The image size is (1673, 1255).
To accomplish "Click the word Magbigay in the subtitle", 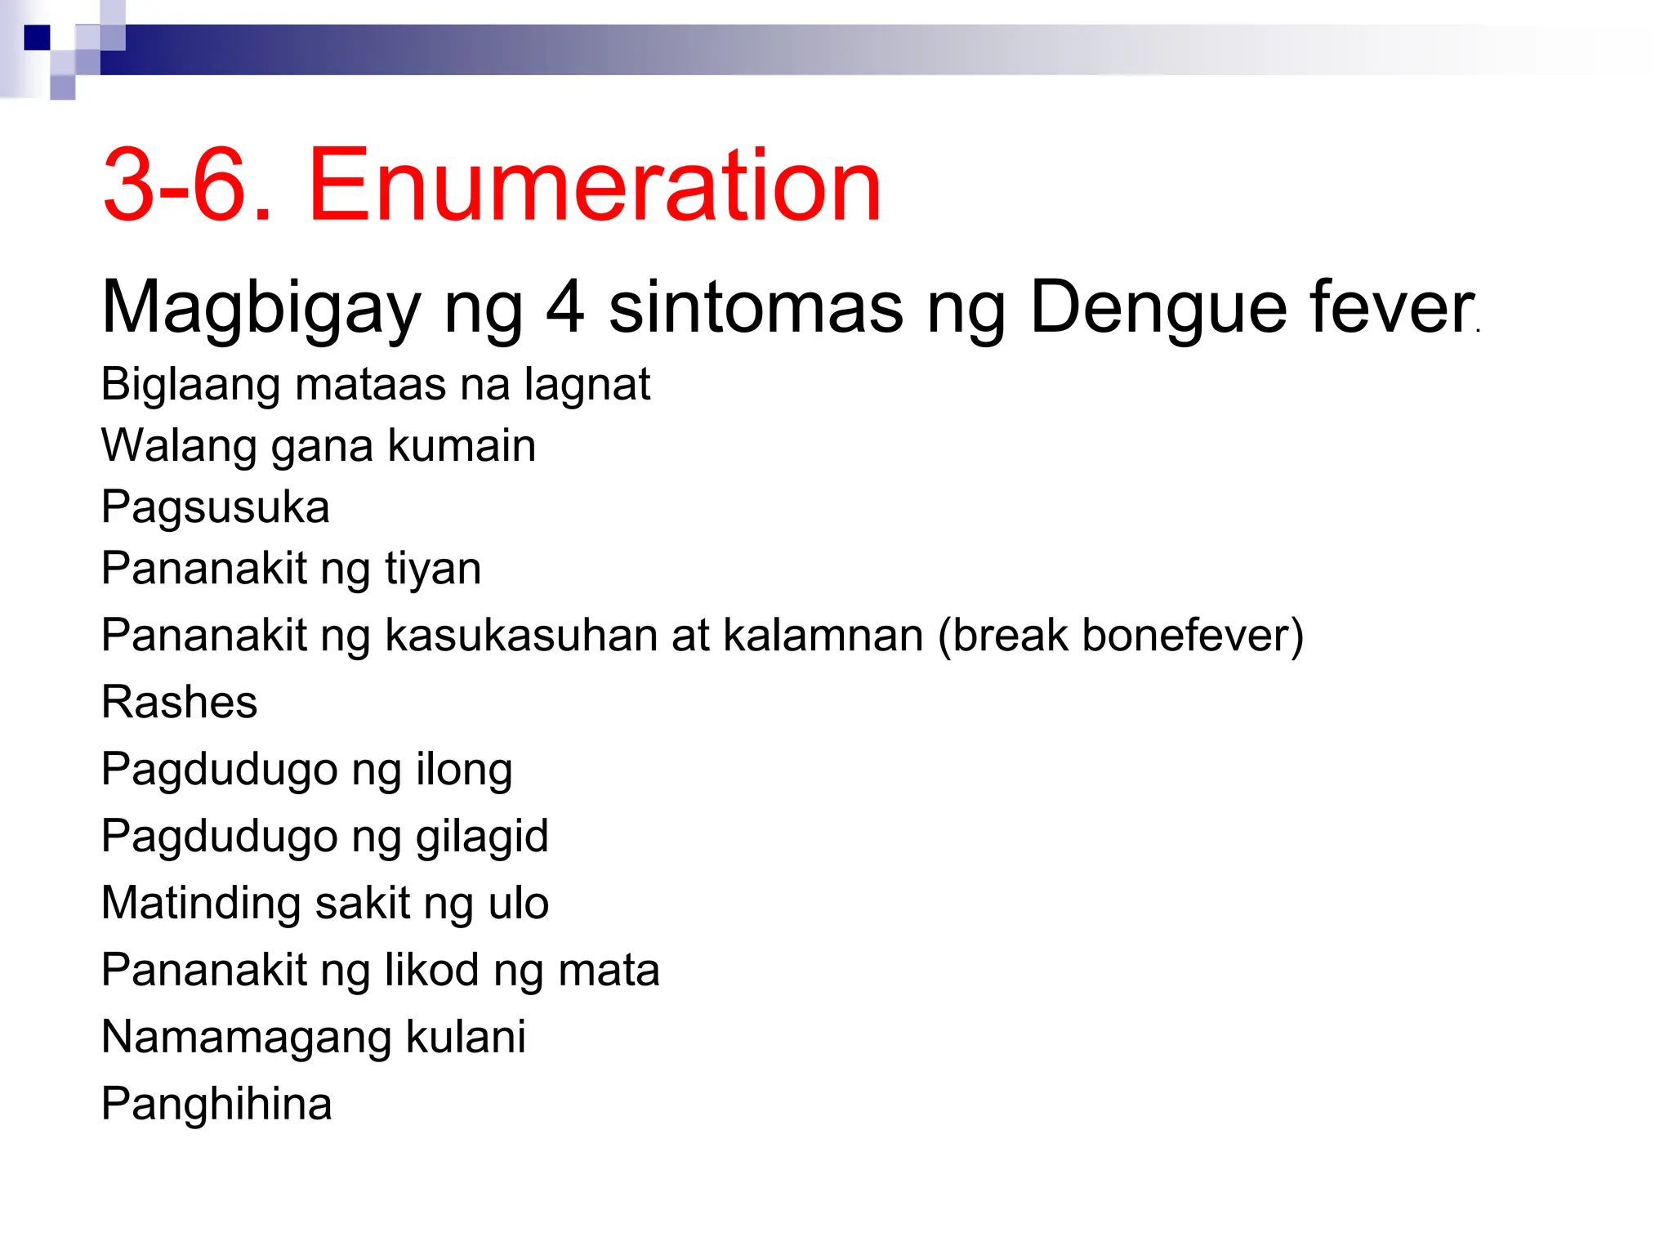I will [261, 308].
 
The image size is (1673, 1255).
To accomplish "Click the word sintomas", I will [756, 308].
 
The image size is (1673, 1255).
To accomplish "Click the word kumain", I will [462, 446].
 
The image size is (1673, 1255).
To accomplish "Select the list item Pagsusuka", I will [216, 507].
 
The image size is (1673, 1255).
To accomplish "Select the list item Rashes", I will [179, 702].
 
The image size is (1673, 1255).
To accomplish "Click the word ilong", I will [464, 770].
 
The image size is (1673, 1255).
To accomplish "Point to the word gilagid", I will [482, 837].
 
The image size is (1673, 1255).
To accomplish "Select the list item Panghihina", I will [216, 1105].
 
